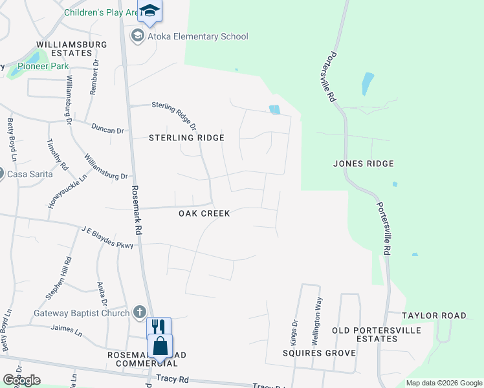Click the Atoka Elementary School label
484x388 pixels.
(198, 36)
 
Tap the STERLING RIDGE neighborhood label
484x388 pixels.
(186, 138)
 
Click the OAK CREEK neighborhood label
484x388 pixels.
(204, 213)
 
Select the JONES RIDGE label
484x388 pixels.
(363, 164)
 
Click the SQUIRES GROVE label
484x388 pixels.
(319, 353)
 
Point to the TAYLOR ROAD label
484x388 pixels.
(434, 316)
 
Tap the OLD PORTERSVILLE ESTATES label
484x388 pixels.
(376, 335)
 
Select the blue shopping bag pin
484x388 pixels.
(159, 347)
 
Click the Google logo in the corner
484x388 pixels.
(21, 380)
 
